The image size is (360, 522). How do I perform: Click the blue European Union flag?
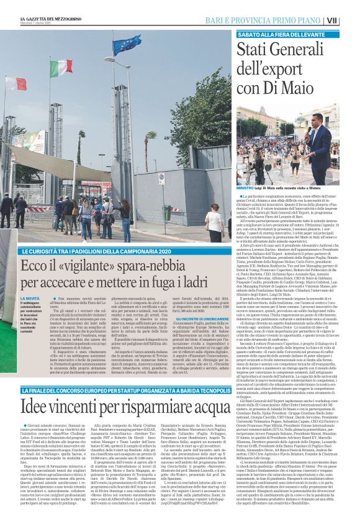[x=126, y=45]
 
